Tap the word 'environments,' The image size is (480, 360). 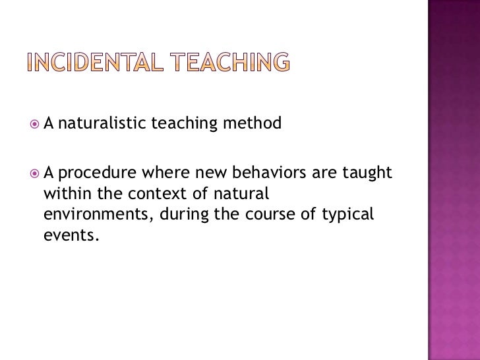tap(92, 215)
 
